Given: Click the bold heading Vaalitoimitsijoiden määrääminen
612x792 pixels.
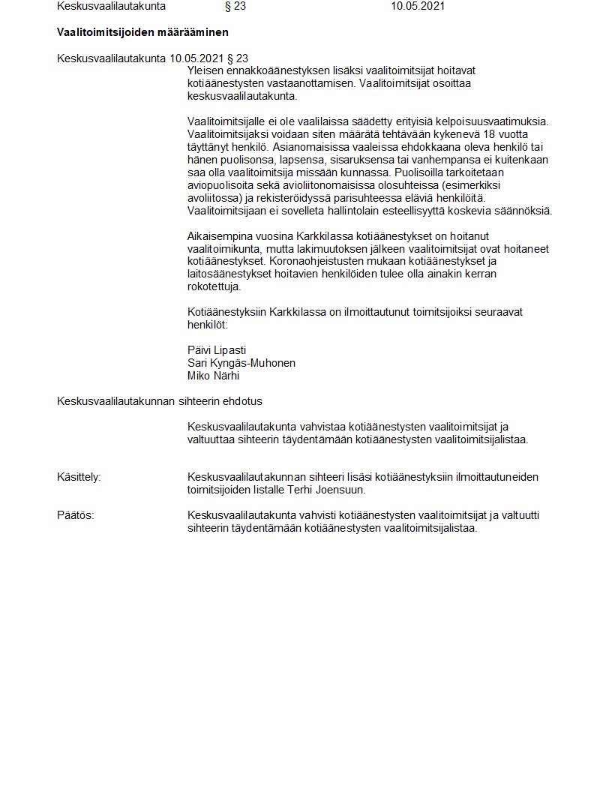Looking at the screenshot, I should [142, 32].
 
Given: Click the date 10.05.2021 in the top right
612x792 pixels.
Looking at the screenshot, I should [418, 7].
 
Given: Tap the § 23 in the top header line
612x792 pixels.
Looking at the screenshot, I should [235, 7].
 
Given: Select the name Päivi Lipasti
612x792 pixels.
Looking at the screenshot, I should [217, 350].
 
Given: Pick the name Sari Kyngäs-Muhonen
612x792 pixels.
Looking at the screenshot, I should [241, 363].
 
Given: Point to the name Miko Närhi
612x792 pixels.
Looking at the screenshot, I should [214, 376].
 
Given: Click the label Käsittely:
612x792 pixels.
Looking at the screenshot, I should [79, 477].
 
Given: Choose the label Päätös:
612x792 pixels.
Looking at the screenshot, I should [76, 515].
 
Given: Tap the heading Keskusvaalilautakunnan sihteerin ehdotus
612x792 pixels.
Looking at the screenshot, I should [160, 401].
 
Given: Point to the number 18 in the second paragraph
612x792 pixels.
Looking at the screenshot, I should [469, 133].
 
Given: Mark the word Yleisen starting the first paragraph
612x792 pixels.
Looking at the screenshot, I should [206, 70].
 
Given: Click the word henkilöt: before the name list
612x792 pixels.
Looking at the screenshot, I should [207, 325].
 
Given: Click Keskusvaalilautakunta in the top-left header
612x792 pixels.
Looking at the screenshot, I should [111, 7].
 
